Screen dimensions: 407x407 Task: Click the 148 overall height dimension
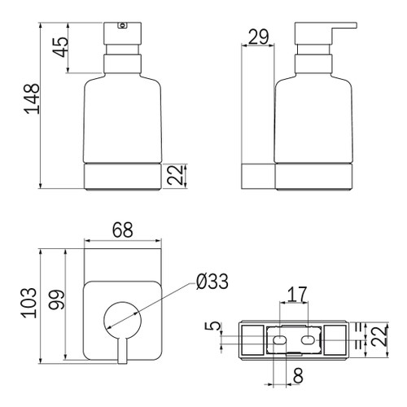[32, 98]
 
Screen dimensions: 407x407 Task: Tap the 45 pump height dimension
[60, 46]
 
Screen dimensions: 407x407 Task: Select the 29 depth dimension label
[258, 37]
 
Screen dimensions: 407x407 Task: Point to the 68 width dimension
[123, 230]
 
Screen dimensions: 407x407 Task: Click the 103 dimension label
[28, 303]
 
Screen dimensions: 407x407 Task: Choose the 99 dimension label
[56, 300]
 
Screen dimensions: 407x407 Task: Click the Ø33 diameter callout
[212, 281]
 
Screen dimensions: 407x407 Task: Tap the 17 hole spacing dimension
[297, 295]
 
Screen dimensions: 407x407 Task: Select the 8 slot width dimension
[298, 375]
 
